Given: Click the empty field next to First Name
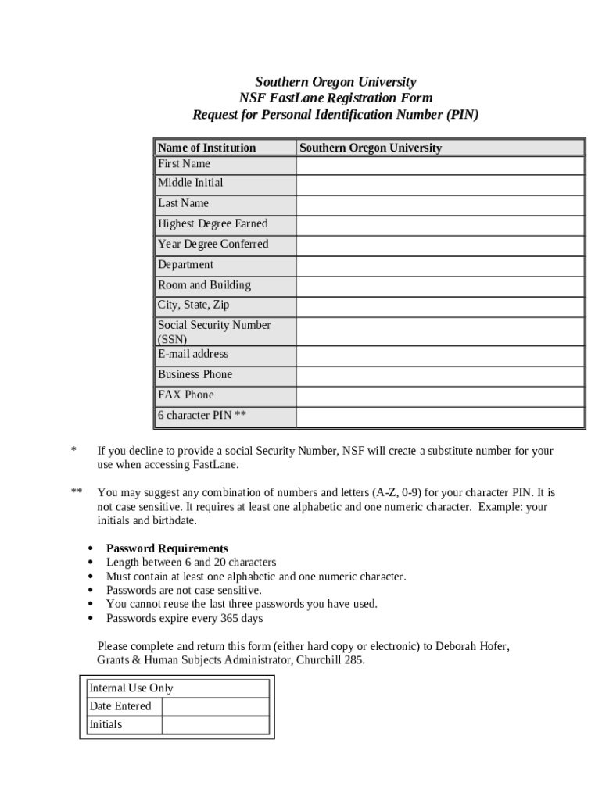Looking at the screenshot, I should tap(439, 165).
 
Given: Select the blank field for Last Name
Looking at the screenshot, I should tap(439, 204).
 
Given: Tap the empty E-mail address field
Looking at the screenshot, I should tap(439, 355).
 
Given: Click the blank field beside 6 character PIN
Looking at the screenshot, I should tap(439, 416).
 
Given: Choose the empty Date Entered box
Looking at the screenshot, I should tap(215, 706).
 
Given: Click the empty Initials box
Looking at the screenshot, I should tap(215, 725).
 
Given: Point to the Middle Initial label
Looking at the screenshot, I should tap(190, 183).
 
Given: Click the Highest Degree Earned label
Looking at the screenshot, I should tap(213, 223).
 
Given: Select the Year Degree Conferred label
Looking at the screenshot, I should tap(213, 244).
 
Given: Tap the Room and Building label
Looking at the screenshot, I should tap(204, 285).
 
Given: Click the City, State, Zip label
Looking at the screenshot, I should tap(193, 305).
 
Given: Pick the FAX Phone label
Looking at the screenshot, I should tap(185, 395).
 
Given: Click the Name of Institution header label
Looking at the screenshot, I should tap(206, 148).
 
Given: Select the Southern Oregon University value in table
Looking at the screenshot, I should tap(371, 148).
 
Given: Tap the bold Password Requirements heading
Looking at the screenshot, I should tap(167, 548).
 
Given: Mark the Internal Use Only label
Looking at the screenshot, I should tap(131, 688).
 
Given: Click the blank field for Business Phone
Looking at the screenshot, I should tap(439, 376).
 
